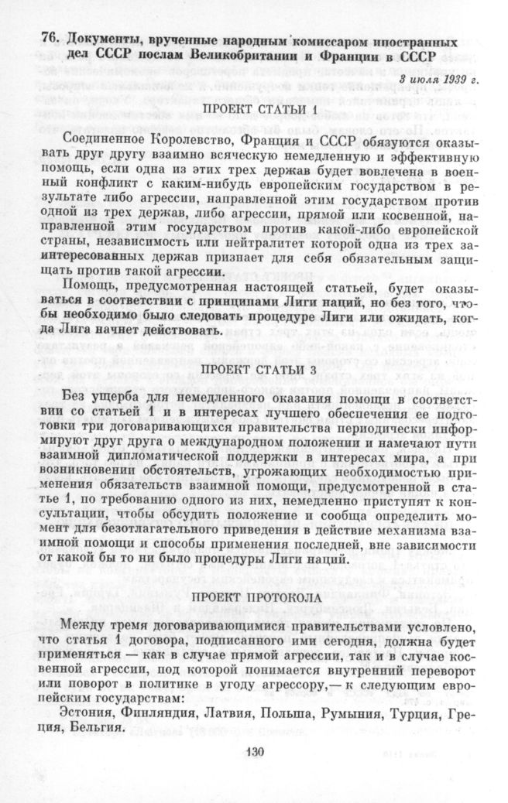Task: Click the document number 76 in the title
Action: point(50,41)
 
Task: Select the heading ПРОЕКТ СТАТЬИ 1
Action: point(260,110)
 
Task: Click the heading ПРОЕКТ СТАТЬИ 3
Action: point(260,369)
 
